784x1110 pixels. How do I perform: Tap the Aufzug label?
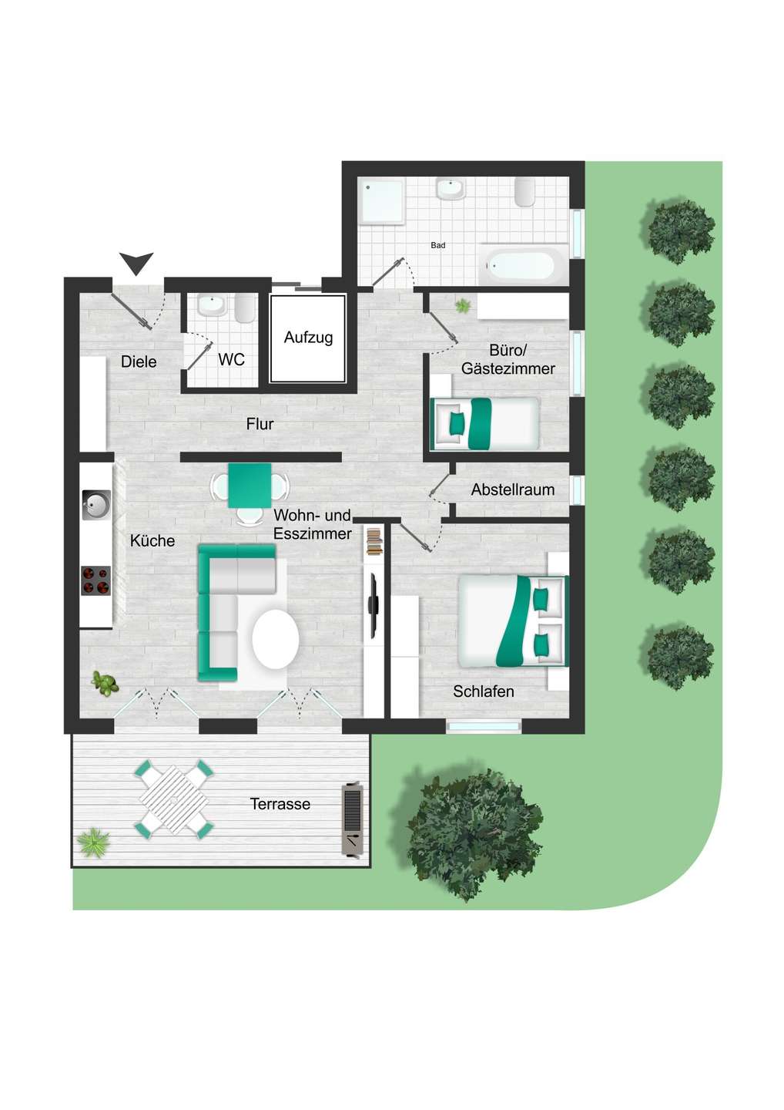[x=308, y=338]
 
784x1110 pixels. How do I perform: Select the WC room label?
[x=231, y=360]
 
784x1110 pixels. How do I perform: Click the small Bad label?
[x=437, y=246]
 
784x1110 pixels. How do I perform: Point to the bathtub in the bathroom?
[x=518, y=265]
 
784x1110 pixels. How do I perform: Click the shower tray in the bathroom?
[x=381, y=200]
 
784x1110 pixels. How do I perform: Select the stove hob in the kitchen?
[x=96, y=580]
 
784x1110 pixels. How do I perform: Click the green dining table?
[x=250, y=486]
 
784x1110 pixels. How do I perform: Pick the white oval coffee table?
[x=276, y=639]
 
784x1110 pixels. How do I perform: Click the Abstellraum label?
[x=512, y=489]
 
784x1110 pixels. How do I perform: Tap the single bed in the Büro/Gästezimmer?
[x=485, y=423]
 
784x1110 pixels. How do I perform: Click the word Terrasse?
[x=280, y=804]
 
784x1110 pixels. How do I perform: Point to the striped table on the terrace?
[x=175, y=799]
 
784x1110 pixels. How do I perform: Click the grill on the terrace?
[x=353, y=820]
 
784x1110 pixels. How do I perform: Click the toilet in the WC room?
[x=245, y=308]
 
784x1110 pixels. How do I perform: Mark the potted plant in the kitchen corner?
[x=105, y=682]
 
